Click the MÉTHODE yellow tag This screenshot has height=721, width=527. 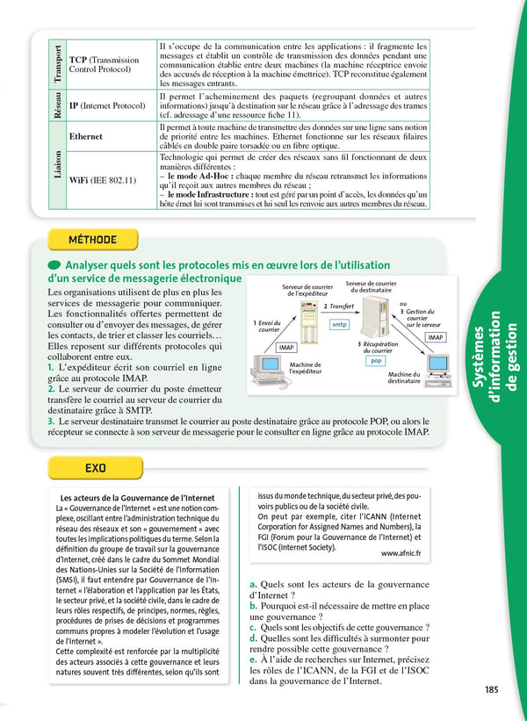(x=92, y=240)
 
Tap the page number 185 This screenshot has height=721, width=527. (x=491, y=689)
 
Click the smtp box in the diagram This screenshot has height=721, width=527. (x=338, y=324)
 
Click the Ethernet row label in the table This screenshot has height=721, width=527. (x=86, y=137)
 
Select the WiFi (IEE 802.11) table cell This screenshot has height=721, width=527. (x=102, y=180)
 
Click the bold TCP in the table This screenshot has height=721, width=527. (x=77, y=60)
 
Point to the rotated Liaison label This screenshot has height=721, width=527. (x=57, y=164)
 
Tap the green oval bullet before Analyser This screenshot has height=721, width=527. (x=54, y=265)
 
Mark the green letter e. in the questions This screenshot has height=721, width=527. (x=254, y=659)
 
